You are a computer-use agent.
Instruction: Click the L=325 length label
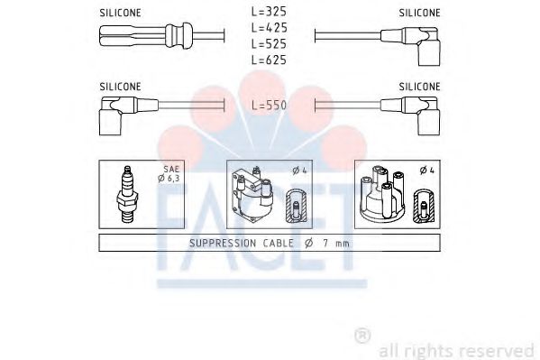(x=269, y=13)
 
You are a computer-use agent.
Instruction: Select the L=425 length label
(x=269, y=28)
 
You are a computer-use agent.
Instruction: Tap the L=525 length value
(x=269, y=43)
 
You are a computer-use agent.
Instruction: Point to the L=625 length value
(x=269, y=59)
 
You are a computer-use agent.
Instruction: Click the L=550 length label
(x=269, y=106)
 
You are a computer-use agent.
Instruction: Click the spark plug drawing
(x=127, y=193)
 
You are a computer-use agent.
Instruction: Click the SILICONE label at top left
(x=120, y=13)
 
